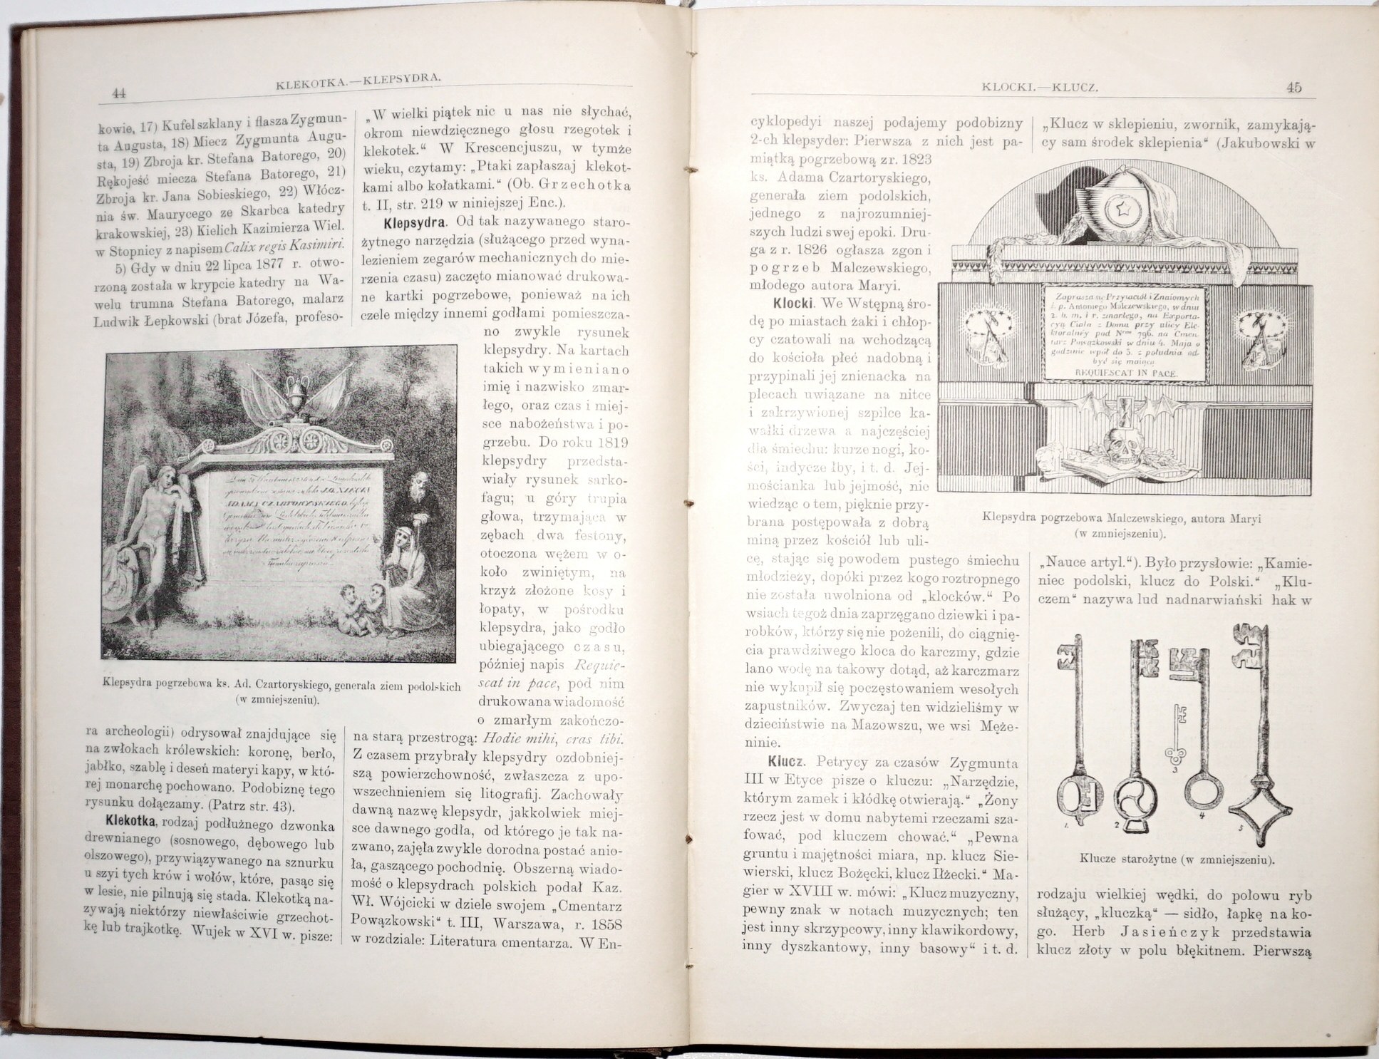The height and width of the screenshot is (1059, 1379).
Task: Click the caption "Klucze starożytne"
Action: tap(1177, 859)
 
